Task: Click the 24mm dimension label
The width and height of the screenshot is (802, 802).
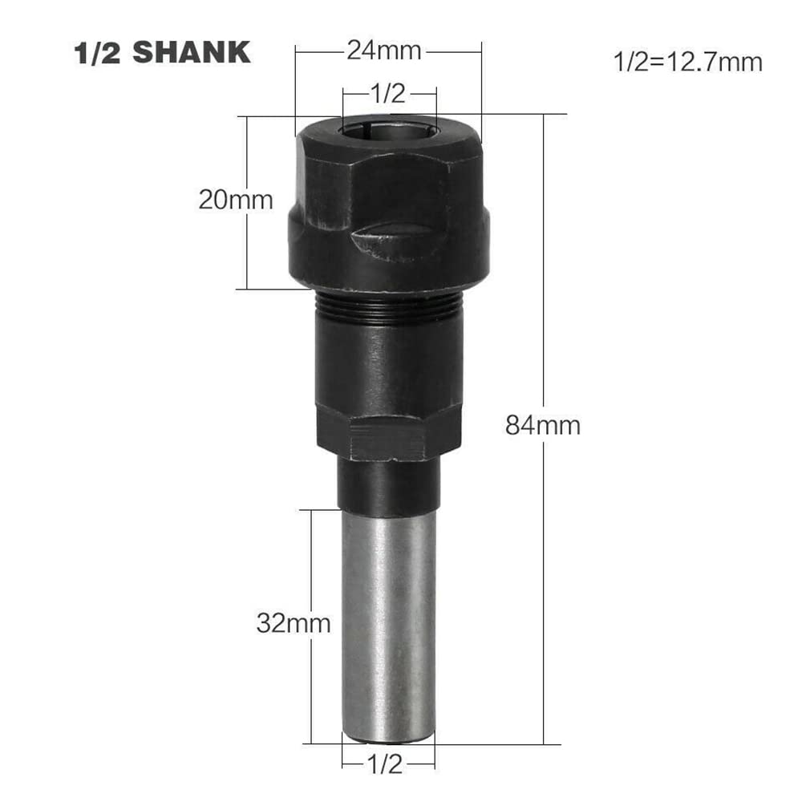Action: click(x=384, y=51)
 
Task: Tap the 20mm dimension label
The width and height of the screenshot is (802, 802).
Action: click(x=236, y=200)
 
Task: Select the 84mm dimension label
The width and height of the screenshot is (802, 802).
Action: click(x=543, y=426)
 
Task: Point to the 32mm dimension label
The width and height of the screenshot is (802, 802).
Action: click(x=294, y=623)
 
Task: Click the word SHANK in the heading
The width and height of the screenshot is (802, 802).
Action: click(x=192, y=53)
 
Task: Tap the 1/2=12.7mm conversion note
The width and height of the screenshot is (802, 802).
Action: click(x=688, y=62)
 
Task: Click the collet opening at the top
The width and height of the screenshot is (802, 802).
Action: click(x=389, y=128)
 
